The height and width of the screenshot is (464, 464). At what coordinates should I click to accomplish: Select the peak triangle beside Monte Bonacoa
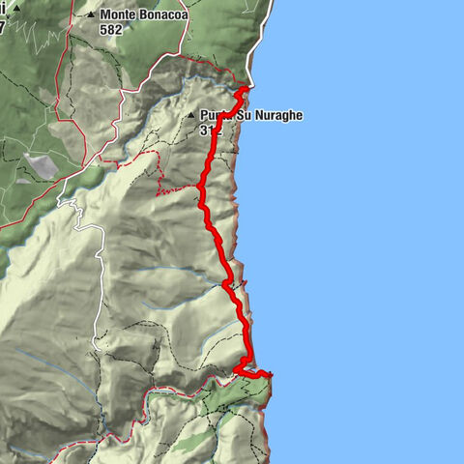[x=91, y=15]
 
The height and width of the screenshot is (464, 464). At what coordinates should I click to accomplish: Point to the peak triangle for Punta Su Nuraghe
[x=190, y=115]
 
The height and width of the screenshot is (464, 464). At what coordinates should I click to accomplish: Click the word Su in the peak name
[x=241, y=115]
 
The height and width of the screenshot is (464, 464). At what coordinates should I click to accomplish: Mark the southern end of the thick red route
[x=270, y=373]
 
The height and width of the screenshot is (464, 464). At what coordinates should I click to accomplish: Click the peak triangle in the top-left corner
[x=16, y=7]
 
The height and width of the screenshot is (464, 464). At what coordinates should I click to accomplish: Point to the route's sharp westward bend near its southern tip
[x=237, y=369]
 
